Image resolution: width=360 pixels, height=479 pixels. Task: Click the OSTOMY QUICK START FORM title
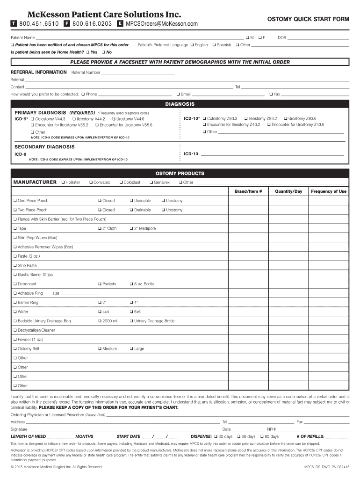pyautogui.click(x=308, y=19)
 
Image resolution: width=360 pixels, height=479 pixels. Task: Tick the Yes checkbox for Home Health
pyautogui.click(x=88, y=52)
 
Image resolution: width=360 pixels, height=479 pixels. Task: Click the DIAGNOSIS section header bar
pyautogui.click(x=180, y=104)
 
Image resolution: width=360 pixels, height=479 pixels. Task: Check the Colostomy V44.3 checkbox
pyautogui.click(x=32, y=119)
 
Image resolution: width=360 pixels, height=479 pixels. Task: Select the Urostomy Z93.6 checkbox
pyautogui.click(x=286, y=118)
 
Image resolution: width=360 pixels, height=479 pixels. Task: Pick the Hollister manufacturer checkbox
pyautogui.click(x=63, y=182)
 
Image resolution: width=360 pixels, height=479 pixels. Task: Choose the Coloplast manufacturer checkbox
pyautogui.click(x=121, y=182)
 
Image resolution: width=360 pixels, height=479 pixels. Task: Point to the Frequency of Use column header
pyautogui.click(x=329, y=191)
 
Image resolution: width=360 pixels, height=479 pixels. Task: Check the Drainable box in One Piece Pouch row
pyautogui.click(x=131, y=201)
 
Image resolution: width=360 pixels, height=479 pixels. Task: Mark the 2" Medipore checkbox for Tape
pyautogui.click(x=131, y=228)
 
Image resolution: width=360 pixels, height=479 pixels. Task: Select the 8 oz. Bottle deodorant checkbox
pyautogui.click(x=131, y=284)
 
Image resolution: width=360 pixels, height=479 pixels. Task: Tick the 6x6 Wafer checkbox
pyautogui.click(x=131, y=312)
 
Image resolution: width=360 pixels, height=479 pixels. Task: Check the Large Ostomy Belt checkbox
pyautogui.click(x=131, y=348)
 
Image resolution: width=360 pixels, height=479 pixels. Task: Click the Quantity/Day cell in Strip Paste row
pyautogui.click(x=288, y=265)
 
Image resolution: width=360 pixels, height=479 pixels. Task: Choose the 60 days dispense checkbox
pyautogui.click(x=238, y=436)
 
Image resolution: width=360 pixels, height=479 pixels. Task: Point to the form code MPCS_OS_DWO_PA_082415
pyautogui.click(x=326, y=467)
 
